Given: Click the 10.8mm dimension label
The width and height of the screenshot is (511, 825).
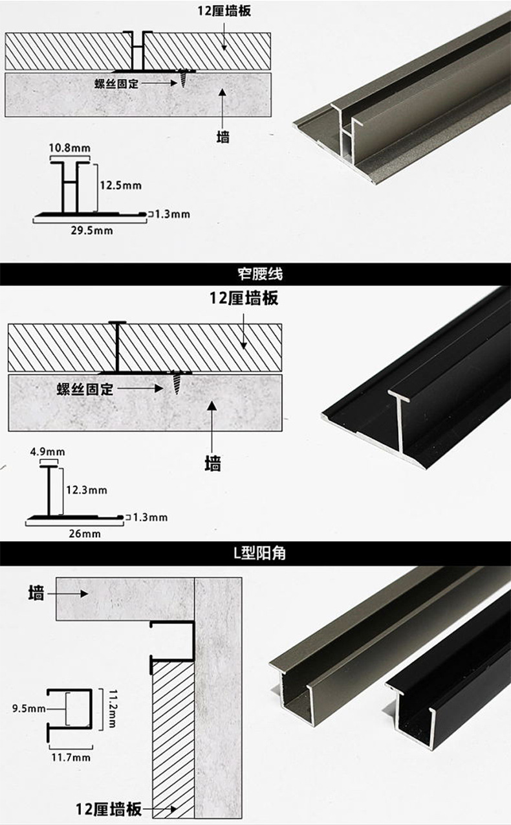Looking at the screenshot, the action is [x=69, y=148].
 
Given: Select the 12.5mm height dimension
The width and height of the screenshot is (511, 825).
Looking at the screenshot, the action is [x=120, y=186].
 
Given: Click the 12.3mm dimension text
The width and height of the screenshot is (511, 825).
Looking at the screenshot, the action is [x=86, y=490].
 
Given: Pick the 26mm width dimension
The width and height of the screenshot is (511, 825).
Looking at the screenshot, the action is [x=85, y=534].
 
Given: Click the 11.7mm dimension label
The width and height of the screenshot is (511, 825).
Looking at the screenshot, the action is [x=71, y=756].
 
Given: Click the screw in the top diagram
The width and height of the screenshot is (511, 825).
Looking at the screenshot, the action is [x=184, y=78].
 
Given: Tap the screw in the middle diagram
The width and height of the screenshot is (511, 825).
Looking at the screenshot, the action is [x=177, y=383].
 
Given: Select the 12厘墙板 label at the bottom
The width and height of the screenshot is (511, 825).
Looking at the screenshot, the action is [x=108, y=808].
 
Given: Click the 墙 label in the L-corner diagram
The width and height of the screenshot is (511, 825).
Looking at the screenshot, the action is [x=36, y=593].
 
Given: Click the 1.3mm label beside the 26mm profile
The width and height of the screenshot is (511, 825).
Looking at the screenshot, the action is [x=150, y=517].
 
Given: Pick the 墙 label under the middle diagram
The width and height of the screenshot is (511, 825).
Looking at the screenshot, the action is [x=212, y=464].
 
